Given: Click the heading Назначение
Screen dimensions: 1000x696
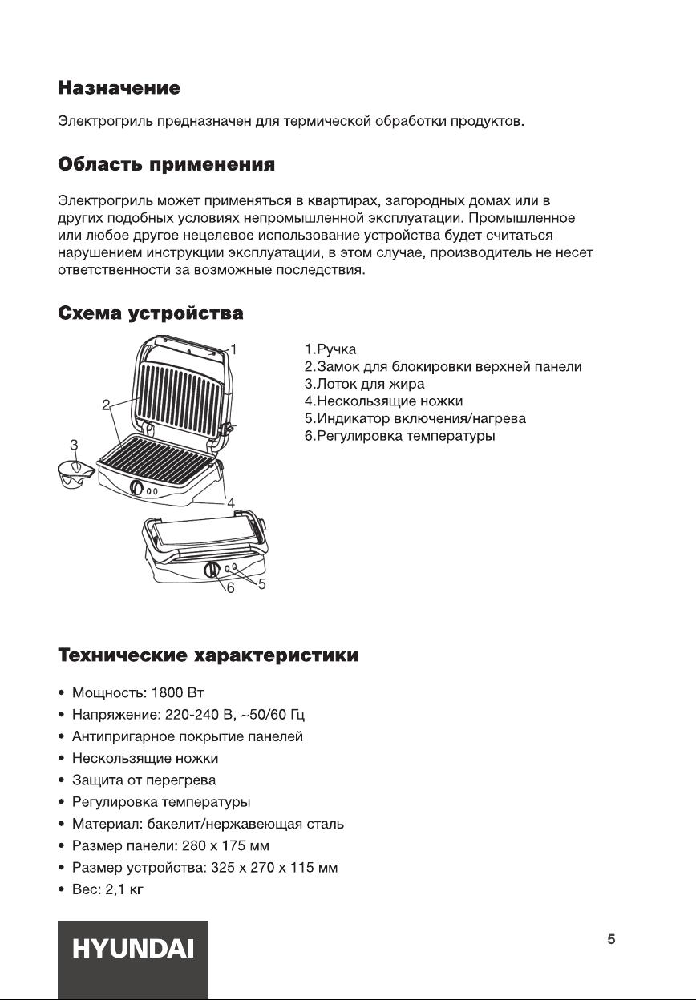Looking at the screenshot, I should [x=119, y=87].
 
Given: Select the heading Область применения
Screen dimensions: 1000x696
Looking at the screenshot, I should [x=166, y=166].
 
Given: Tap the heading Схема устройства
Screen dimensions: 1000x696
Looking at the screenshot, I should [x=150, y=313].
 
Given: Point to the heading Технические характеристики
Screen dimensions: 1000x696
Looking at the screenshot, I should [x=208, y=656].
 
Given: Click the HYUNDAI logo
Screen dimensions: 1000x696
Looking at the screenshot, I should [x=133, y=950].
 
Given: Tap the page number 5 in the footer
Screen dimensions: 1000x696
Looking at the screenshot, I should [x=611, y=939].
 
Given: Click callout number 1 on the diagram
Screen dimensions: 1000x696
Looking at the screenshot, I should [x=233, y=349].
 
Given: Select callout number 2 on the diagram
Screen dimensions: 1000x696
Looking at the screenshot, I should [x=106, y=404].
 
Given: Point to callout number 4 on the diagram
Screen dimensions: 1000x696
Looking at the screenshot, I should [x=230, y=503].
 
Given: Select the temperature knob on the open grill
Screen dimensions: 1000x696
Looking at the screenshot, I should [x=137, y=487].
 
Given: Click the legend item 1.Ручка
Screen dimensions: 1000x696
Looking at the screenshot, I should [x=330, y=349].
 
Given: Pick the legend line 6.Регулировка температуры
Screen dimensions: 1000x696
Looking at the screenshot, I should [x=399, y=437].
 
